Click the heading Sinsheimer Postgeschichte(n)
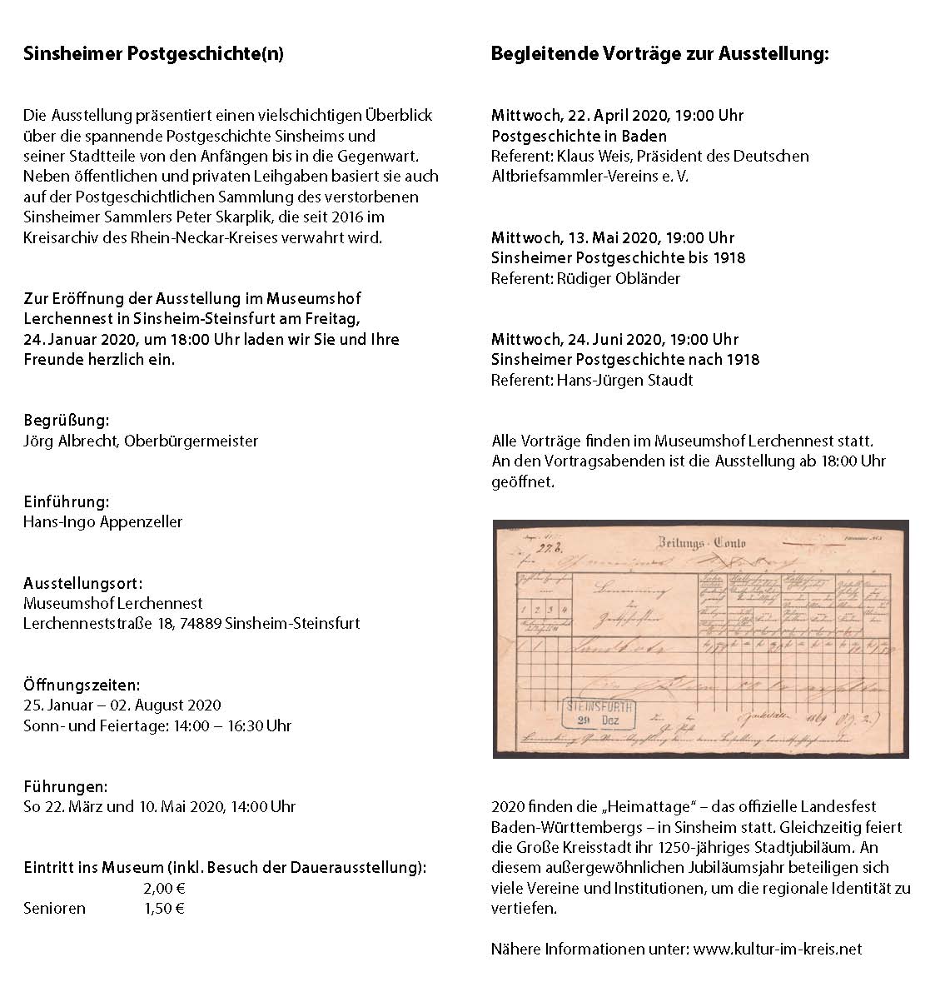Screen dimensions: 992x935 tap(153, 55)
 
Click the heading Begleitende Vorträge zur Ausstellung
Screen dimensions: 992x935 tap(660, 55)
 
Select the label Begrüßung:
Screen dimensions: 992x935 tap(66, 421)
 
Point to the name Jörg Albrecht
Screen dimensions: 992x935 tap(70, 441)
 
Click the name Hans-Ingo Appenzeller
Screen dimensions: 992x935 tap(102, 522)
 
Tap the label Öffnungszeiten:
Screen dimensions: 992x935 tap(82, 685)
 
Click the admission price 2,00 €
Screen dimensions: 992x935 tap(164, 888)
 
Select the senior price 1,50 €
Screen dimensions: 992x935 tap(164, 908)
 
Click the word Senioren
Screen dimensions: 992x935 tap(54, 908)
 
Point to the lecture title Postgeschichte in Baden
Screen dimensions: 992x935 tap(579, 136)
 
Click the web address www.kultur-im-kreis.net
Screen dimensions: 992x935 tap(778, 949)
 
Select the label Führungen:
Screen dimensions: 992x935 tap(65, 786)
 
